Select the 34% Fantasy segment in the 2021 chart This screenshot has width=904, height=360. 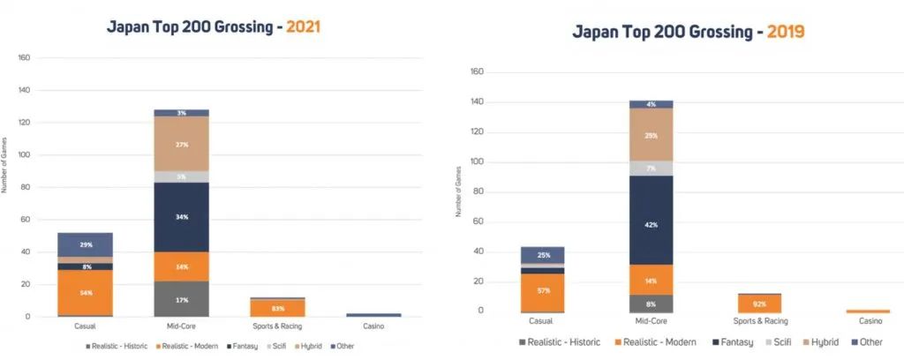pyautogui.click(x=180, y=216)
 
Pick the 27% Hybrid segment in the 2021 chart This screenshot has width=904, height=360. pyautogui.click(x=180, y=144)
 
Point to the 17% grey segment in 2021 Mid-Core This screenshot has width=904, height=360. pyautogui.click(x=180, y=299)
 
